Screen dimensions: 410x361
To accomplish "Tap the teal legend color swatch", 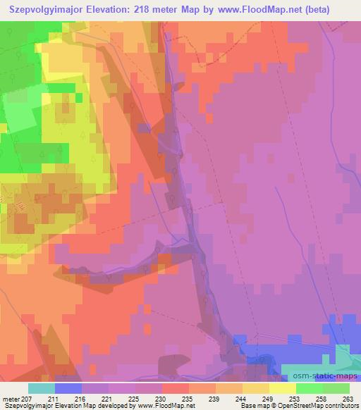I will [41, 388].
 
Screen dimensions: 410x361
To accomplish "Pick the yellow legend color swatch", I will [282, 388].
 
